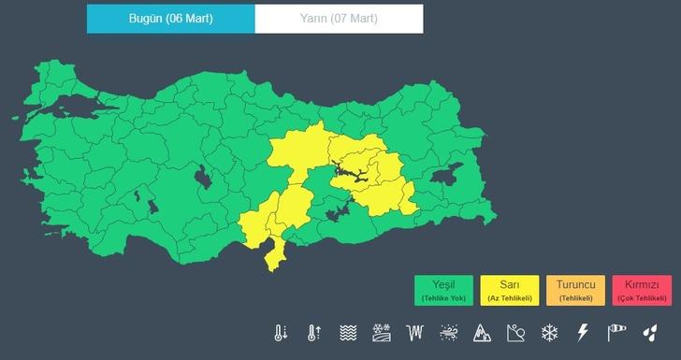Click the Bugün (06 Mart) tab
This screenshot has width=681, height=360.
click(x=170, y=19)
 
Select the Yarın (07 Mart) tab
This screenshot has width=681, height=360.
click(x=339, y=19)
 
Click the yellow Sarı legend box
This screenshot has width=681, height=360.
click(x=509, y=290)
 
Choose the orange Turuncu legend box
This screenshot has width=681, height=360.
click(x=576, y=290)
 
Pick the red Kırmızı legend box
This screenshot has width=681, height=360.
click(x=642, y=290)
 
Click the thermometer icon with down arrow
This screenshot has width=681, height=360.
click(x=281, y=332)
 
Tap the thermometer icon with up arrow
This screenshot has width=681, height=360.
click(x=314, y=332)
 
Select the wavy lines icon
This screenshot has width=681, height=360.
click(x=348, y=332)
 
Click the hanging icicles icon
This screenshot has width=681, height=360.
click(x=415, y=332)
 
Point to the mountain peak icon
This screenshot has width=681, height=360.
click(x=483, y=332)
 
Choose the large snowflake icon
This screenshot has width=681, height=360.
click(x=550, y=332)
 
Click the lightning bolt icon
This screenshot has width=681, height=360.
click(x=583, y=332)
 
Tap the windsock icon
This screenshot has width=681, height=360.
click(x=616, y=332)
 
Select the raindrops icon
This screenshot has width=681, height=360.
click(x=649, y=332)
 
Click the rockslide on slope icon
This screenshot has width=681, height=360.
click(x=516, y=332)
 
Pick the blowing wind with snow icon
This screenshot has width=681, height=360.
click(x=449, y=332)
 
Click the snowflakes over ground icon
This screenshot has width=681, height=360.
click(x=382, y=332)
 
